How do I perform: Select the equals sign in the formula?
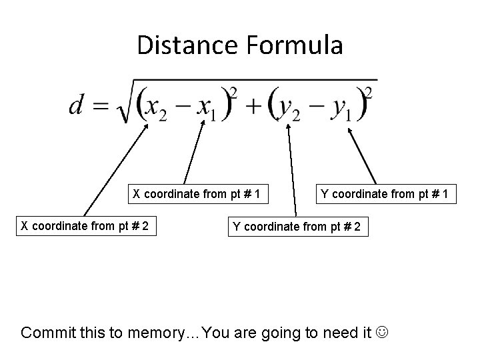[101, 106]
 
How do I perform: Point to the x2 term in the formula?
[157, 107]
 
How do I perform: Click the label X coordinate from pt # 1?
[195, 195]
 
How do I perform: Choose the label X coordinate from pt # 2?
[83, 226]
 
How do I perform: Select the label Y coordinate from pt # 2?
[297, 226]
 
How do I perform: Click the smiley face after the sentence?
[383, 332]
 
